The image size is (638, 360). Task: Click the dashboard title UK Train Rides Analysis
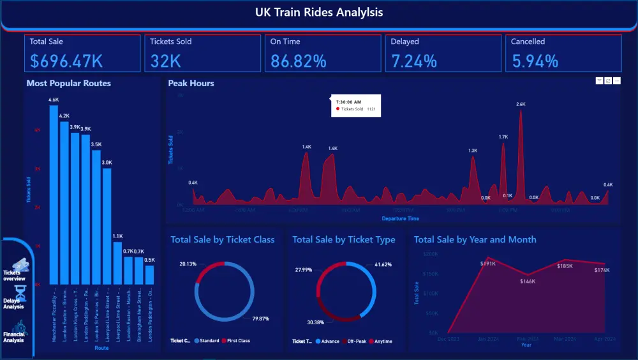(x=319, y=12)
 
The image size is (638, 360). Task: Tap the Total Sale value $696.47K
(x=66, y=61)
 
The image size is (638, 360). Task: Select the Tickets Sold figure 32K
(x=166, y=61)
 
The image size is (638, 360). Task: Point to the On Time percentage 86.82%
(x=299, y=61)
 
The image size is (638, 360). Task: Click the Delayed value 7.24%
(x=414, y=61)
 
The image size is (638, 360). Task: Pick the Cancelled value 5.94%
(x=535, y=61)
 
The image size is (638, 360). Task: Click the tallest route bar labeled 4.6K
(x=54, y=195)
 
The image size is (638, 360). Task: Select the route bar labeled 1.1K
(x=117, y=263)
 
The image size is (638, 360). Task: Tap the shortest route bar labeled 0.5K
(x=149, y=274)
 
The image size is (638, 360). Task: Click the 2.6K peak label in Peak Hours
(x=521, y=104)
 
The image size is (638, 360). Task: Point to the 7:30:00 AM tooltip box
(x=355, y=105)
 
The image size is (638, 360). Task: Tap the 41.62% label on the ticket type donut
(x=383, y=264)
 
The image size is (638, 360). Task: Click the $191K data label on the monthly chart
(x=488, y=263)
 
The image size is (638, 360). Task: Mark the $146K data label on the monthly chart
(x=528, y=281)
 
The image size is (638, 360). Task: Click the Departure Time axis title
(x=401, y=219)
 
